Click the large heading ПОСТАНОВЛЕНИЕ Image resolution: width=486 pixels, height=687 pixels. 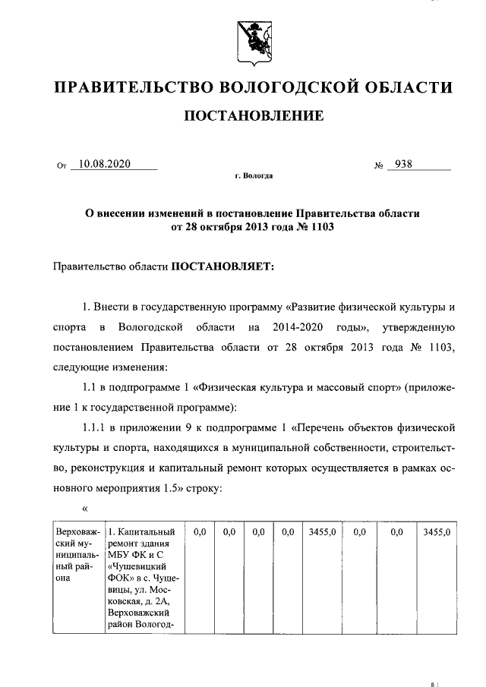pos(254,116)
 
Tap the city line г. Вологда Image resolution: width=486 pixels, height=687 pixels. pos(254,176)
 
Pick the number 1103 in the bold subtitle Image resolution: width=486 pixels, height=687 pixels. pos(320,226)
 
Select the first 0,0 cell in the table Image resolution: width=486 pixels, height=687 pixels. pos(200,533)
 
